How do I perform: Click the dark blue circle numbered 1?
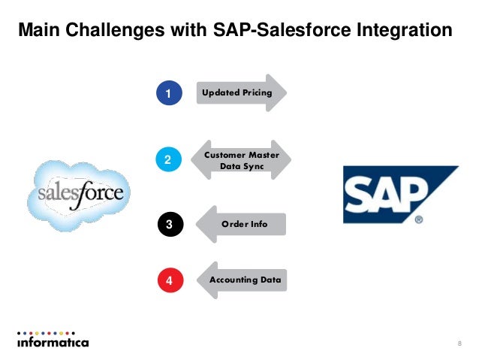pyautogui.click(x=169, y=93)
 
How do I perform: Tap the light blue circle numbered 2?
pyautogui.click(x=169, y=159)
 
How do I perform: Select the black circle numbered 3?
pyautogui.click(x=169, y=224)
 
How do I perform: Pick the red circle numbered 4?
pyautogui.click(x=169, y=281)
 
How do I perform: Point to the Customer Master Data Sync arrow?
pyautogui.click(x=242, y=159)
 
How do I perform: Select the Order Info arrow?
pyautogui.click(x=242, y=224)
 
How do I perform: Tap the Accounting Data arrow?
pyautogui.click(x=245, y=280)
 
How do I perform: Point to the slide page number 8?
pyautogui.click(x=459, y=343)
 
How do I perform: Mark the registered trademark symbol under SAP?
pyautogui.click(x=418, y=219)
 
